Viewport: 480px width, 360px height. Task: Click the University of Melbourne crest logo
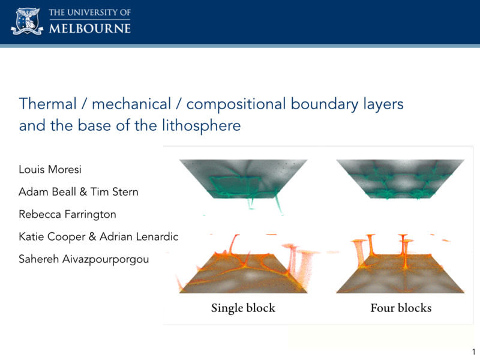[27, 21]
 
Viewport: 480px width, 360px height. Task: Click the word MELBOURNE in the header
[89, 28]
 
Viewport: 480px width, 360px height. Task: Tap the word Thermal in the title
[48, 104]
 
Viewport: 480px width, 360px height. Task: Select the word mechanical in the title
[131, 104]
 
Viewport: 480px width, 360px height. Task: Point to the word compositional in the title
[236, 104]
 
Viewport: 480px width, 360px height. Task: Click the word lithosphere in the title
[202, 126]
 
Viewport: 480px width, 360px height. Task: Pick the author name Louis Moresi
[50, 169]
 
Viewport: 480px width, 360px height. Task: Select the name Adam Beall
[47, 191]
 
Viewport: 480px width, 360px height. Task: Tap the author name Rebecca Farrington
[67, 215]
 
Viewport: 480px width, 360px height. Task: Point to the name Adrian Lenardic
[139, 236]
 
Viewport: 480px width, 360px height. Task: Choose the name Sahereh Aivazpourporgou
[84, 260]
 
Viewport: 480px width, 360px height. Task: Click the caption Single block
[243, 308]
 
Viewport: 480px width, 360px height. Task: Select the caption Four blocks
[401, 308]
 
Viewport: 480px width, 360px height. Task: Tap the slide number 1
[473, 352]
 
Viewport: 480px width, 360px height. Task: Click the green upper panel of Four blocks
[400, 179]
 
